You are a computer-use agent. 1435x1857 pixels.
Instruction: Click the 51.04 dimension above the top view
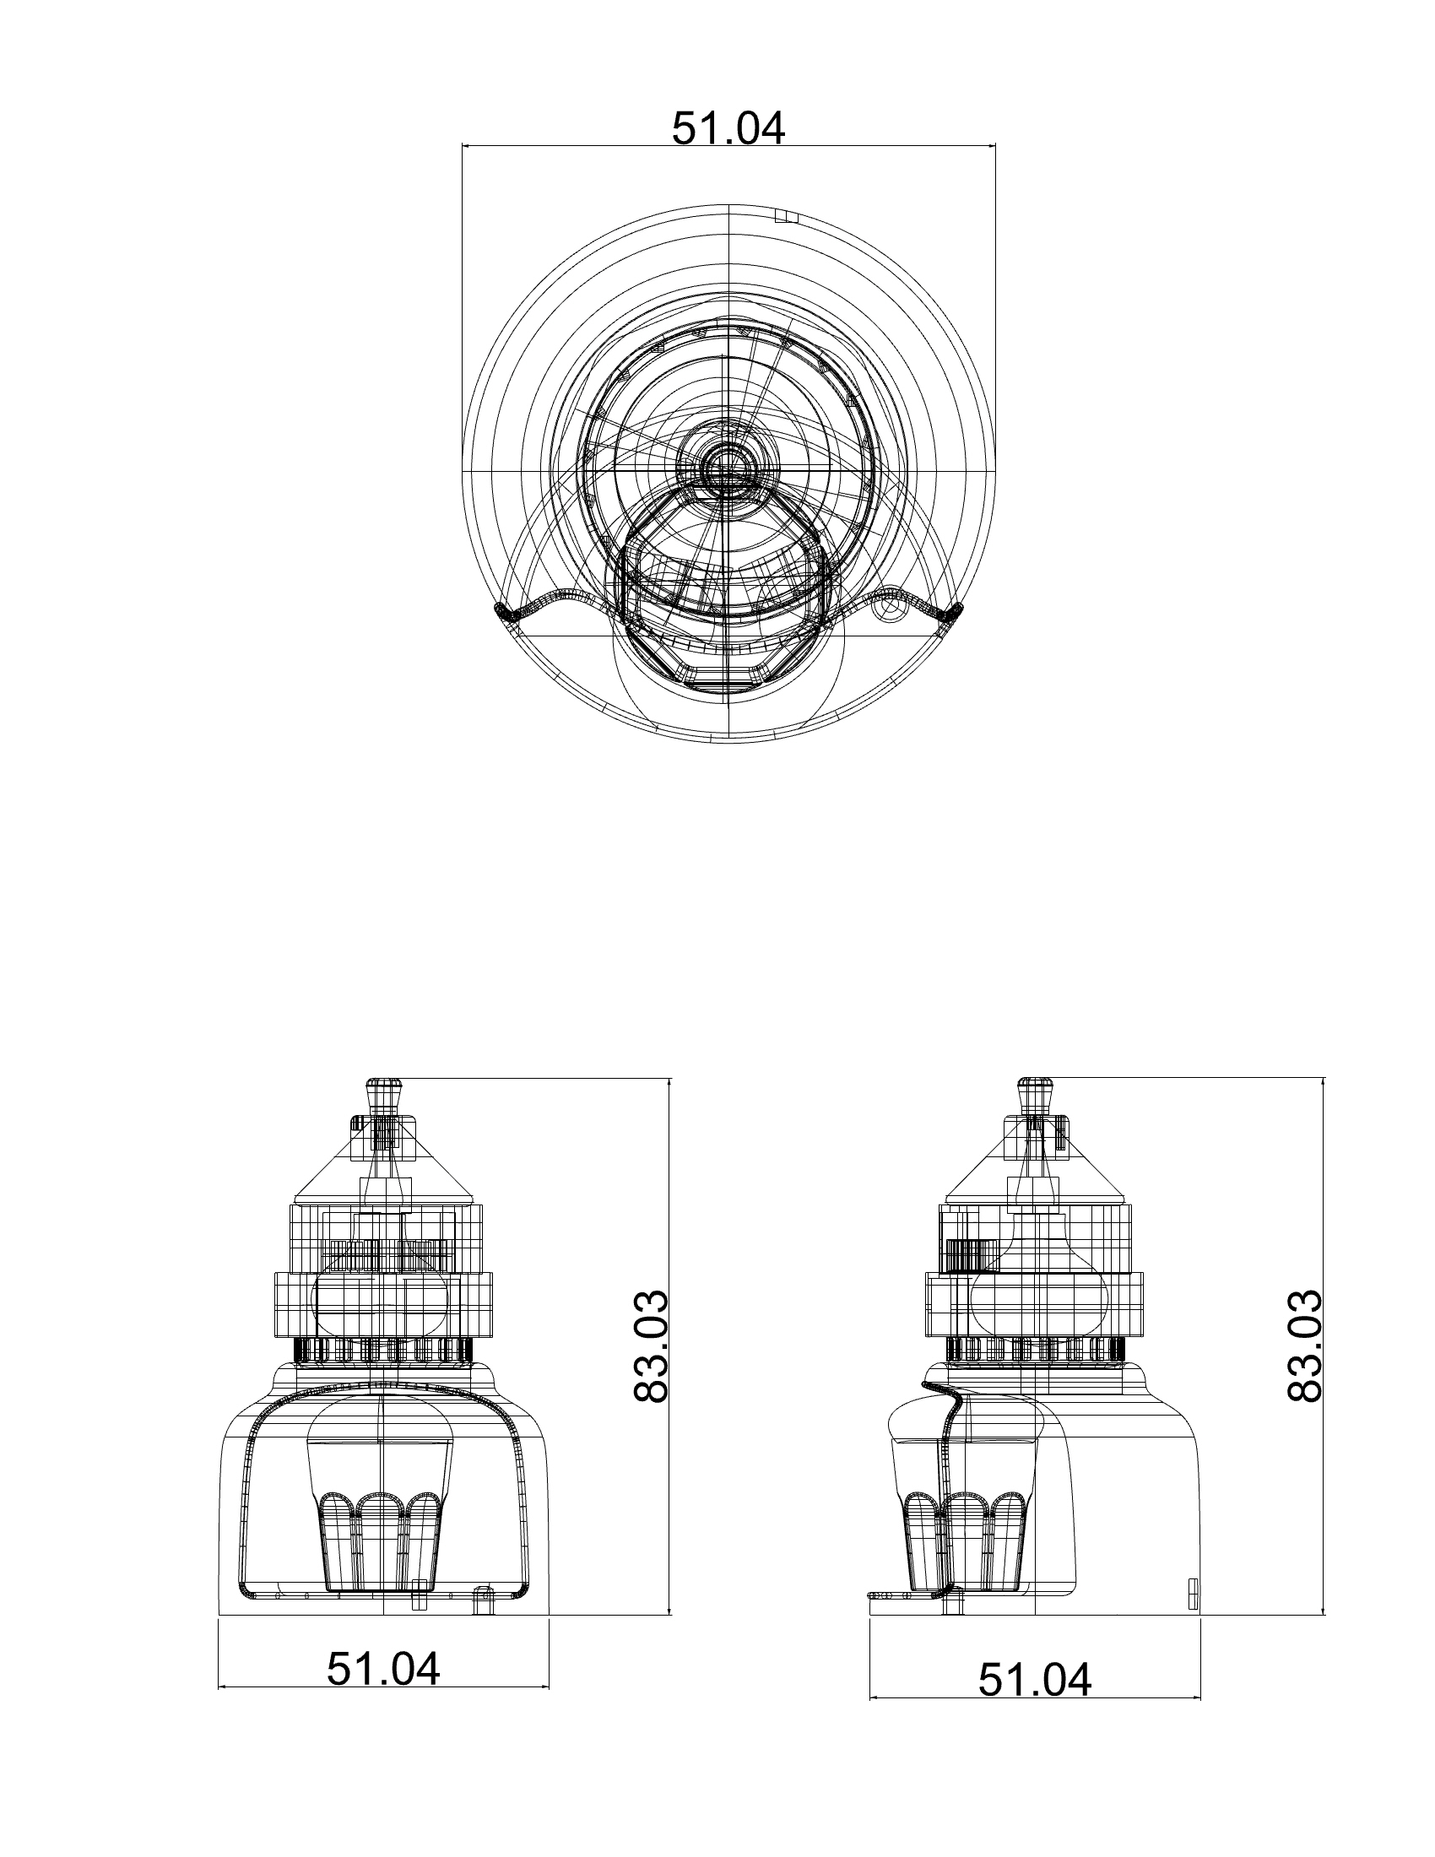[x=728, y=128]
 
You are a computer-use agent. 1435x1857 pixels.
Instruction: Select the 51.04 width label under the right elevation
[x=1035, y=1679]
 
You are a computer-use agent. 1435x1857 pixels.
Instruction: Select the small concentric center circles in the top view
[x=728, y=467]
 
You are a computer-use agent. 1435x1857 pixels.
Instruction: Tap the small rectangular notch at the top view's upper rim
[x=787, y=216]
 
